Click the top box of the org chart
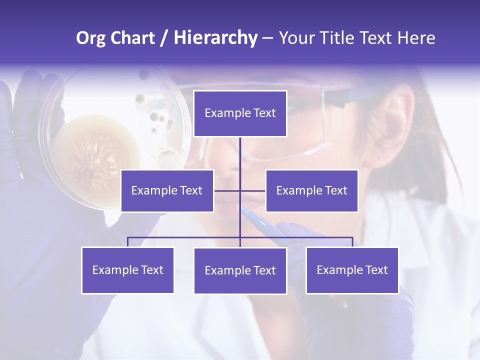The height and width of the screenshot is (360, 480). (240, 113)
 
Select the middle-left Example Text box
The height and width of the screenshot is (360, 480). (167, 190)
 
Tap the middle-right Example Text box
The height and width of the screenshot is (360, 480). (311, 190)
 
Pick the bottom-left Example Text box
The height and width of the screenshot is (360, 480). (127, 270)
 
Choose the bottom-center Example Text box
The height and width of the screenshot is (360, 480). (240, 270)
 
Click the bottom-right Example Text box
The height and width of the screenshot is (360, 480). (352, 270)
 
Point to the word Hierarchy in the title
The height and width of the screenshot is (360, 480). (215, 38)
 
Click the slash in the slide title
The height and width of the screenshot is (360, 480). (164, 38)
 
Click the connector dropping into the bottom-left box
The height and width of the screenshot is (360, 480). (127, 242)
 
